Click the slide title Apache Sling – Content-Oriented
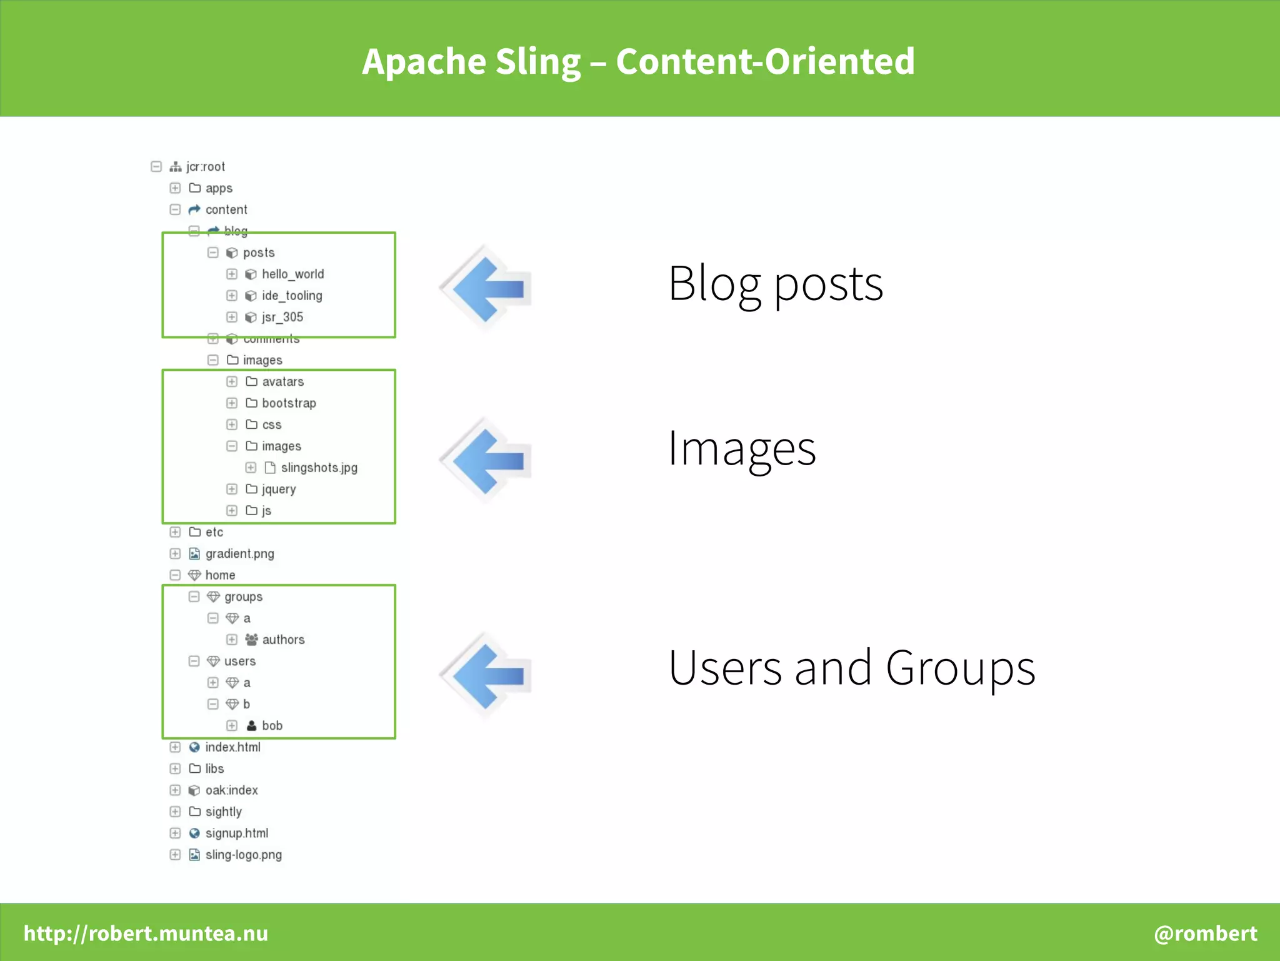[638, 61]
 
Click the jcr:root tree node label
[206, 167]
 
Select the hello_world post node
[292, 274]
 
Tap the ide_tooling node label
[292, 296]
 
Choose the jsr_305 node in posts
[282, 317]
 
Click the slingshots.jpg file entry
[319, 468]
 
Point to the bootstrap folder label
[289, 403]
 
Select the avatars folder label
[282, 381]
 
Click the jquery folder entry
[278, 489]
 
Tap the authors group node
[283, 640]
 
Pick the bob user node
[272, 725]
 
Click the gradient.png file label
[239, 553]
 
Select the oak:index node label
[231, 790]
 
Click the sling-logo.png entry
[243, 855]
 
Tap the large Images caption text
[741, 448]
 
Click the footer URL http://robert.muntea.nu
[146, 933]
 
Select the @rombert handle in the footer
[1205, 933]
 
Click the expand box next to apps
[175, 188]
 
